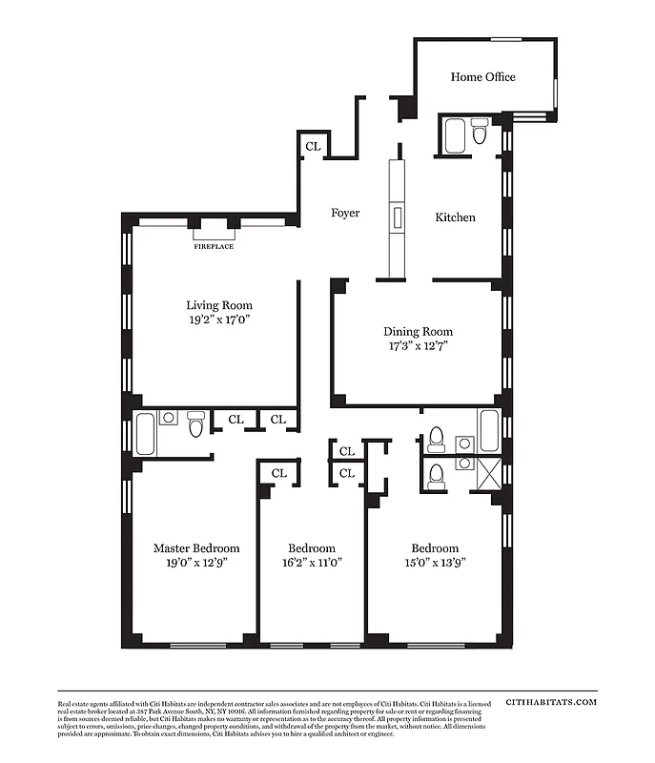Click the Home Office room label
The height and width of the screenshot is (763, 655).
(482, 76)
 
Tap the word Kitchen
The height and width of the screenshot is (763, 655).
(455, 217)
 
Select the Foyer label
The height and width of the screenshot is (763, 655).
(345, 213)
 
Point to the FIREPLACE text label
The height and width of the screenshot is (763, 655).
(214, 246)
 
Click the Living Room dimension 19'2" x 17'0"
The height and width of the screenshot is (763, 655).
(218, 320)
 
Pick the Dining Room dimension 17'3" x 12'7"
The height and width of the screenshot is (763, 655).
(416, 346)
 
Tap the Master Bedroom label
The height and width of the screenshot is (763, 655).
(196, 548)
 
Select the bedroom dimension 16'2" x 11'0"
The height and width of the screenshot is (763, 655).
(312, 563)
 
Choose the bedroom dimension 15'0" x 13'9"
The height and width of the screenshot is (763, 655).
(435, 563)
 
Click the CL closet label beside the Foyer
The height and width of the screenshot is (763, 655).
(313, 146)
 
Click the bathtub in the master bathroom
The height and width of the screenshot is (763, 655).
(146, 433)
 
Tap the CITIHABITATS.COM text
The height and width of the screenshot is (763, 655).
(551, 702)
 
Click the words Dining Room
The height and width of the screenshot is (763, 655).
(417, 331)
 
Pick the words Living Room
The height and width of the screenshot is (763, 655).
(218, 305)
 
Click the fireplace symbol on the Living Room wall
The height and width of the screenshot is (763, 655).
(214, 230)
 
